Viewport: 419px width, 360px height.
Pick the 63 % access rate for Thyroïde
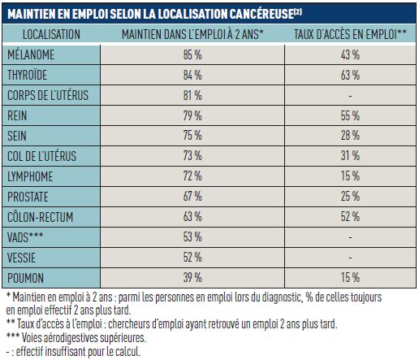[x=351, y=76]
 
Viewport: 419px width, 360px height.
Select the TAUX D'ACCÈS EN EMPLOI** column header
[x=351, y=34]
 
